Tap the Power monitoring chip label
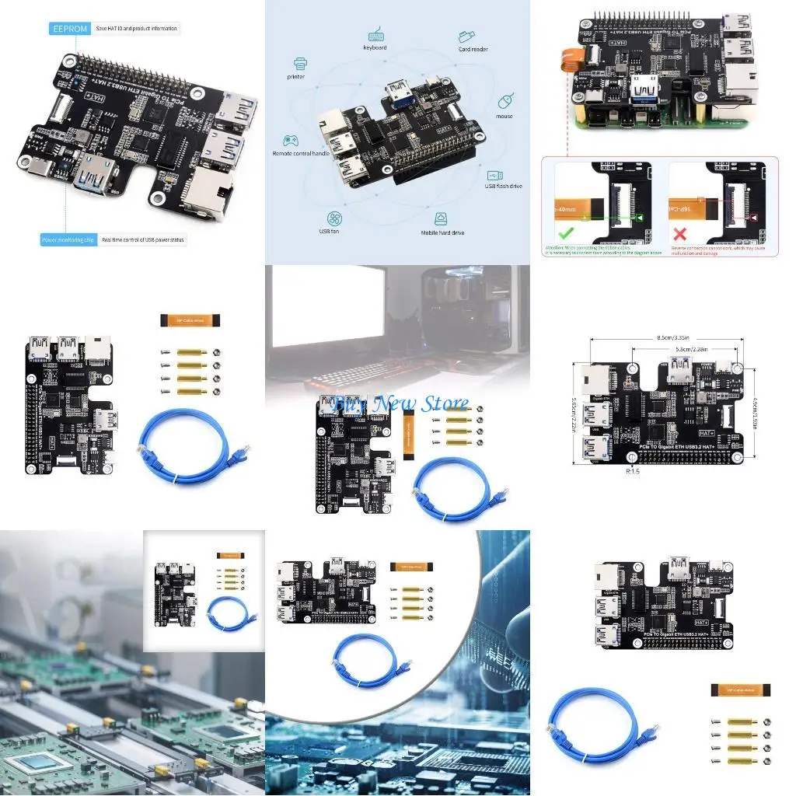(x=68, y=240)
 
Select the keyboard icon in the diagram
(x=375, y=34)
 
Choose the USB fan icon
(x=334, y=218)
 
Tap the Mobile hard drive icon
(x=442, y=218)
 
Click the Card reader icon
(x=467, y=36)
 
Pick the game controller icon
(x=290, y=141)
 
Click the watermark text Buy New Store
(x=400, y=403)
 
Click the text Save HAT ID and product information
(x=136, y=29)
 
